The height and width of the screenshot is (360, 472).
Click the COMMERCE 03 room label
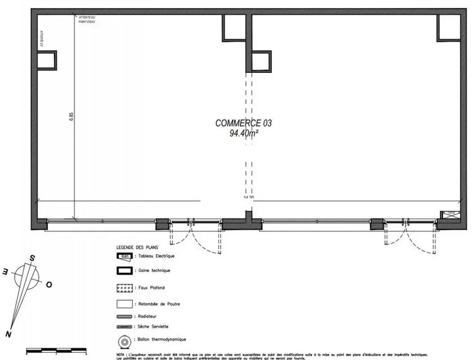pyautogui.click(x=243, y=122)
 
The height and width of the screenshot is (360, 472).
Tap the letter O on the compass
pyautogui.click(x=49, y=285)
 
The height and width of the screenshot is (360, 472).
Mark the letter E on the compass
pyautogui.click(x=6, y=270)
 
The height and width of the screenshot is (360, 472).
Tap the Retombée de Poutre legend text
pyautogui.click(x=153, y=303)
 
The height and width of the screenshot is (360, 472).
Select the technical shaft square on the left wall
pyautogui.click(x=46, y=59)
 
